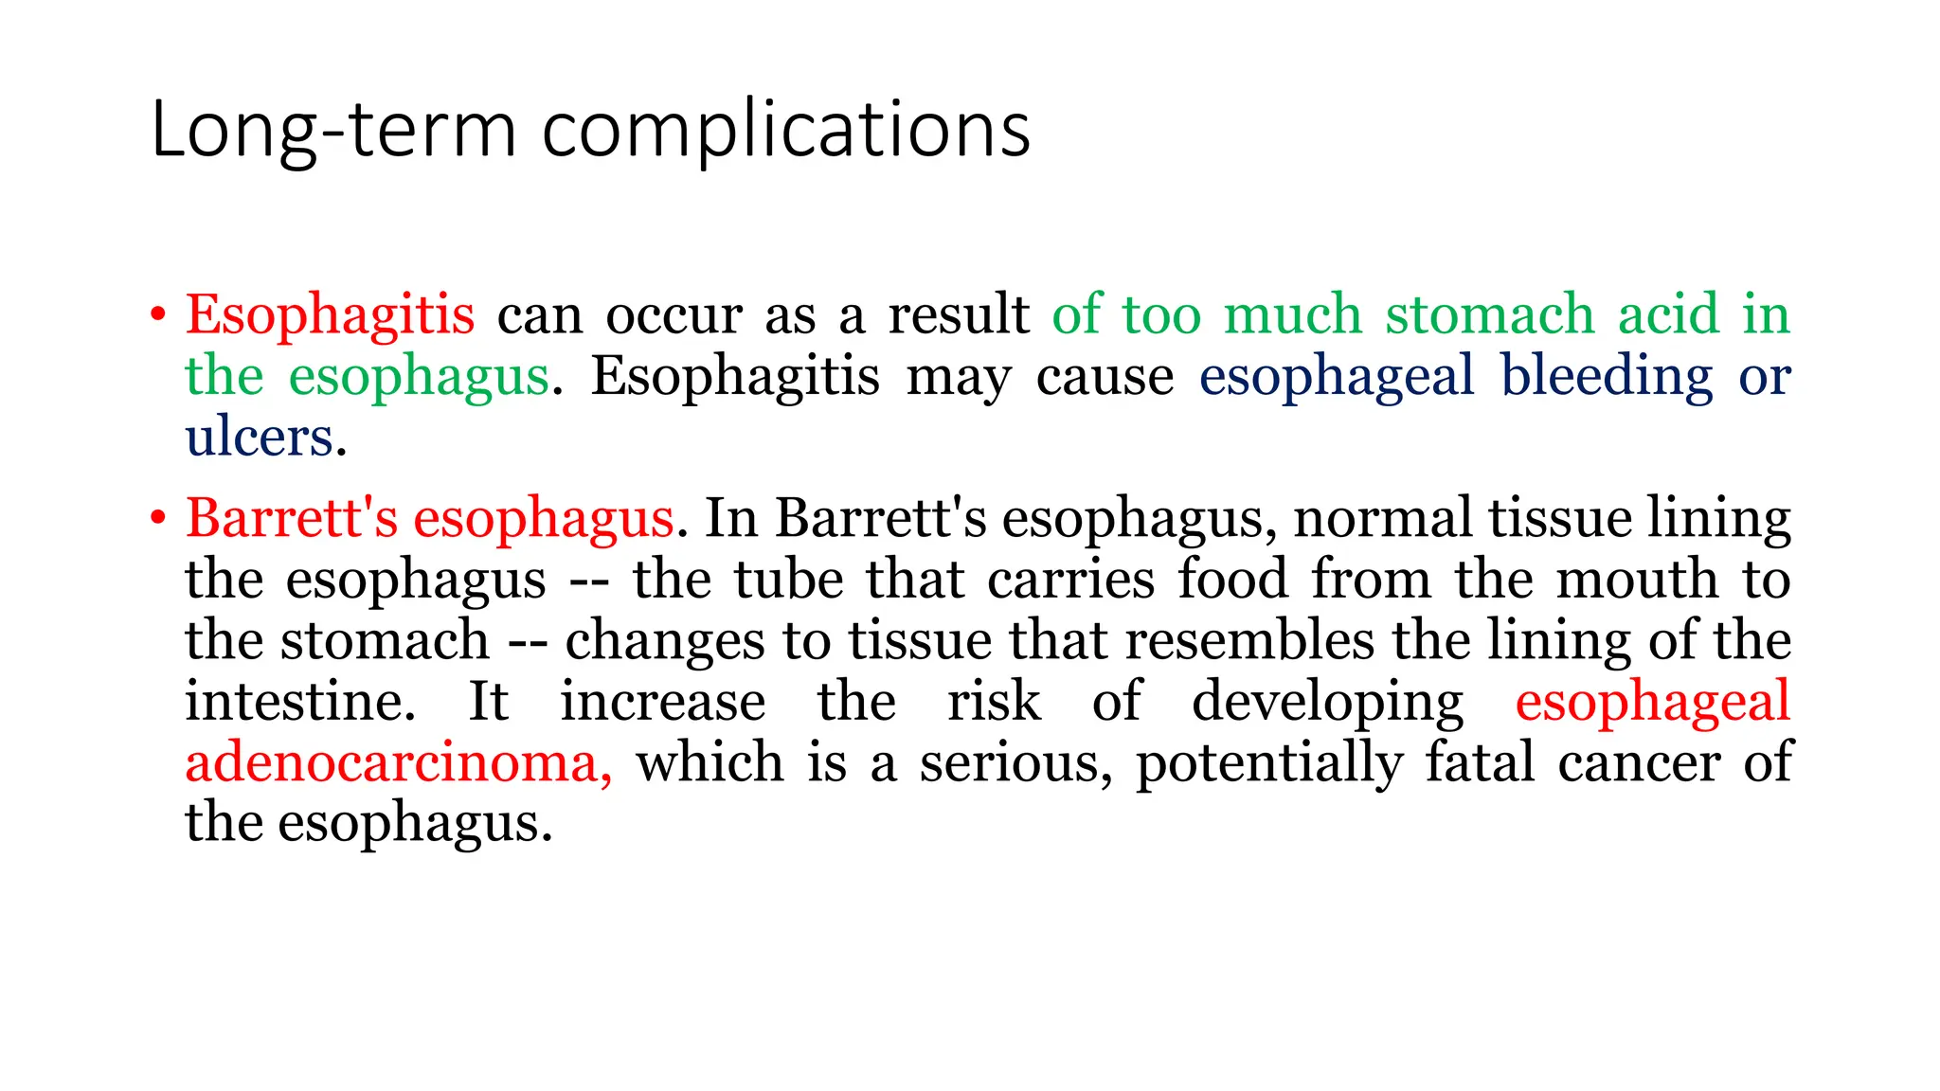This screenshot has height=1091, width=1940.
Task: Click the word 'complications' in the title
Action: coord(785,131)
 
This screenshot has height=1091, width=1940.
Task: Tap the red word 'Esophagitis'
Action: coord(330,314)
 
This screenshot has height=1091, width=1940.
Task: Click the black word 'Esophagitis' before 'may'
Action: coord(735,376)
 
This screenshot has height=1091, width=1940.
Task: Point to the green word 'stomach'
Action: coord(1490,314)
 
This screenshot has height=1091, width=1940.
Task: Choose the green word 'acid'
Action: coord(1668,314)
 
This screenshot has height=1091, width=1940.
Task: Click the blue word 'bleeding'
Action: coord(1607,376)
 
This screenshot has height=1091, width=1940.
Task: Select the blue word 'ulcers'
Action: coord(260,438)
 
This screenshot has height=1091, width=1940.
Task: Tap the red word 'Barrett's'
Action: coord(292,518)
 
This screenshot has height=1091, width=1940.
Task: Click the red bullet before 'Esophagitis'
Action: coord(157,314)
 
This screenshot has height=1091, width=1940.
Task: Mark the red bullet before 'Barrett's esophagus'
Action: coord(157,518)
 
